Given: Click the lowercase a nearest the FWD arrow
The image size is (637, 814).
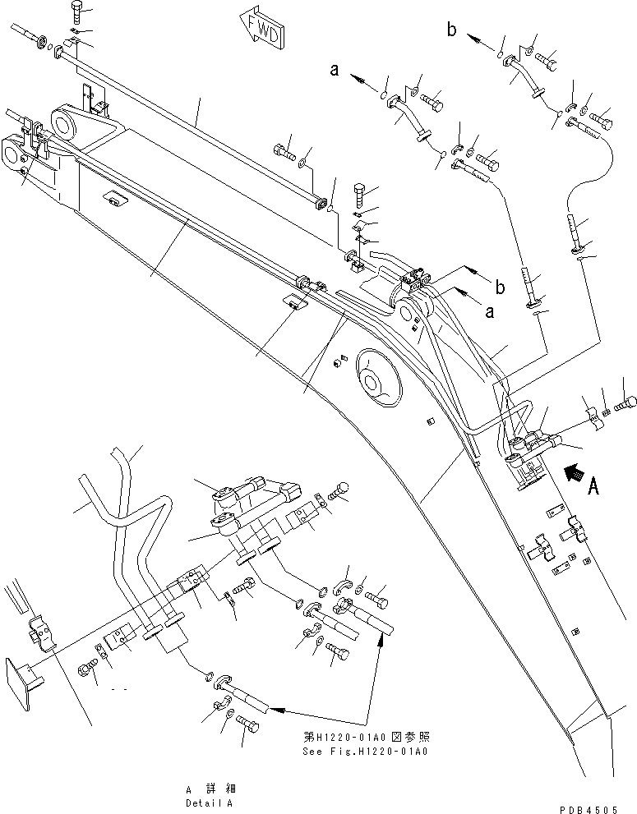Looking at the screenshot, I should point(335,71).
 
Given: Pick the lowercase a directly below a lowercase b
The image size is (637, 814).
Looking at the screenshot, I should point(492,313).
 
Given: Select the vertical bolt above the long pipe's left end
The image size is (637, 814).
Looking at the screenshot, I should point(76,12).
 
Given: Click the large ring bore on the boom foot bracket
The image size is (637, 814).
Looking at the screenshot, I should point(65,125).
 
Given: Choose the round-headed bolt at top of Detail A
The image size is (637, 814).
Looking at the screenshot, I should point(343,490).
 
